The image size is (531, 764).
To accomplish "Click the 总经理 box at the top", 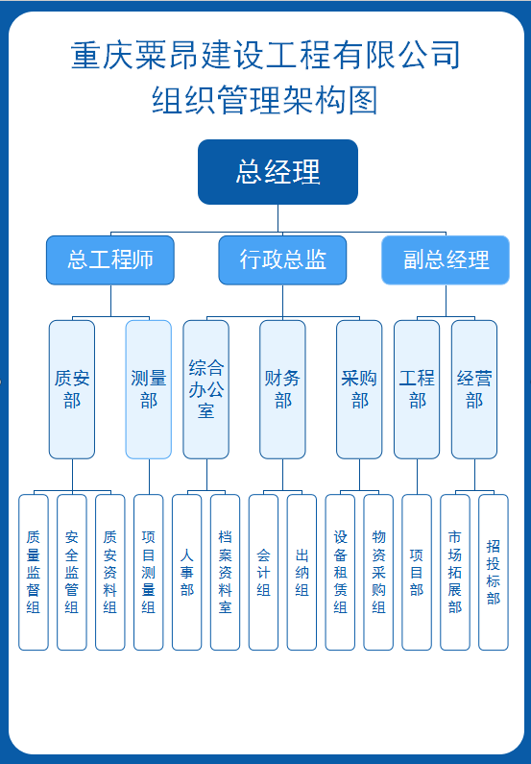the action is (278, 172).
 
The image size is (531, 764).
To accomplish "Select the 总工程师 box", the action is (110, 260).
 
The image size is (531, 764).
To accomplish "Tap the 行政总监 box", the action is (282, 260).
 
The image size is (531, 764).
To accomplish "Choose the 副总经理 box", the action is (446, 260).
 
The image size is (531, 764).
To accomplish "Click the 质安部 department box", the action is (72, 389).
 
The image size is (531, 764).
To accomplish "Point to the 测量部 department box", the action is (149, 389).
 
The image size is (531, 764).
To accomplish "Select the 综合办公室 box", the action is (205, 389).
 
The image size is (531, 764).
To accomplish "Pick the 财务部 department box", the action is (282, 389).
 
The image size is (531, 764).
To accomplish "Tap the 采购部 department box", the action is (359, 389).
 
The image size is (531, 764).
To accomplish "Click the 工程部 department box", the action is (417, 389).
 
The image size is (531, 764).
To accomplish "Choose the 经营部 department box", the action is (474, 389).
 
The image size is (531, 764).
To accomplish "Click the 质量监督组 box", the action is (34, 573).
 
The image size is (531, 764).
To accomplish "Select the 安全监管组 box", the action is (72, 573).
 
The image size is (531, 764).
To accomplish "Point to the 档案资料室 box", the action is (225, 573).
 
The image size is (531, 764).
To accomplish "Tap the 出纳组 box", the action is (302, 573).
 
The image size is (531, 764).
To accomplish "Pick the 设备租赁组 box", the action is (340, 573).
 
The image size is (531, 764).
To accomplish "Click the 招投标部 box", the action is (494, 573).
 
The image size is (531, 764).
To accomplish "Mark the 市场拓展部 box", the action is (455, 573).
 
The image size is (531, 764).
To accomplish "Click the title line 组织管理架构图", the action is (265, 100).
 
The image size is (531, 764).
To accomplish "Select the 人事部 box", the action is (187, 573).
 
